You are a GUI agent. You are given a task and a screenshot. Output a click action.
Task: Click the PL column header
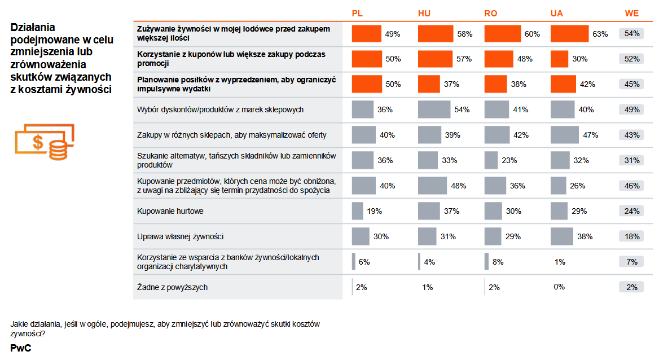click(357, 14)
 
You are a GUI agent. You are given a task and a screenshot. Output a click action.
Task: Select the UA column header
click(556, 14)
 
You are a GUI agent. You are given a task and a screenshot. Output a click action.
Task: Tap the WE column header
click(631, 14)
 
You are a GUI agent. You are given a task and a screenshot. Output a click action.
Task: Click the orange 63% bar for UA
click(569, 34)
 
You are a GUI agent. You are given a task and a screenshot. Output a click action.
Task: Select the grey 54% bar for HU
click(434, 109)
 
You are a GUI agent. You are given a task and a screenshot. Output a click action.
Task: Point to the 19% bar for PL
click(357, 211)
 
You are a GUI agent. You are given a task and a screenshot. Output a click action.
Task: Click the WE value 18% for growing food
click(631, 236)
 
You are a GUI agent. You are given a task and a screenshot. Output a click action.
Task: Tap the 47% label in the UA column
click(591, 135)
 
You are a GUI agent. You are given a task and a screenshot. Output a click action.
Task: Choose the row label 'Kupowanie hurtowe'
click(170, 211)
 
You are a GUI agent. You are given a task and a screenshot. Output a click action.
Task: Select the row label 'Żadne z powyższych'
click(172, 287)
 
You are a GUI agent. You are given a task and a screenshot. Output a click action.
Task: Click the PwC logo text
click(20, 348)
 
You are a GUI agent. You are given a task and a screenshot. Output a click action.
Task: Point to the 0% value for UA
click(559, 287)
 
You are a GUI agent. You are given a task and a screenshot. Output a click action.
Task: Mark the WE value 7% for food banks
click(631, 262)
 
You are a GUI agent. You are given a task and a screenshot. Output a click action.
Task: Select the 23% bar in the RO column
click(491, 160)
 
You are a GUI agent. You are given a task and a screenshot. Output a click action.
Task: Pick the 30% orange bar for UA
click(559, 59)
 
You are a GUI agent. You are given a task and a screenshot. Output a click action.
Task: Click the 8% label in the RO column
click(498, 262)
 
